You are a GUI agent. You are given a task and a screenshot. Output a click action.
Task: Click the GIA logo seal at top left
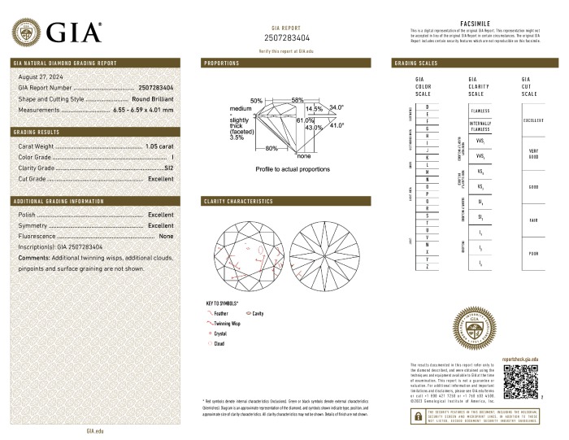pyautogui.click(x=29, y=33)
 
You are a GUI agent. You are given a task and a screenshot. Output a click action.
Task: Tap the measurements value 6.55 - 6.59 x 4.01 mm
pyautogui.click(x=144, y=108)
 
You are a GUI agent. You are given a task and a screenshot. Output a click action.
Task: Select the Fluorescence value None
pyautogui.click(x=167, y=236)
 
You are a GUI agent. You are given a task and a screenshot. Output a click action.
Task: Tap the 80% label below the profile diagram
pyautogui.click(x=271, y=148)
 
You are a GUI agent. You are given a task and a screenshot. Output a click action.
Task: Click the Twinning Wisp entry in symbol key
pyautogui.click(x=228, y=323)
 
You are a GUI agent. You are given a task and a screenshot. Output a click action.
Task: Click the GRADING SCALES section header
pyautogui.click(x=417, y=63)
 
